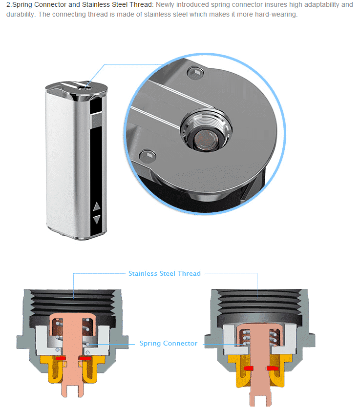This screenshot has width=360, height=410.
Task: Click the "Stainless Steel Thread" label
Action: [x=164, y=273]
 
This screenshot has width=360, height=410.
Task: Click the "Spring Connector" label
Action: [x=168, y=344]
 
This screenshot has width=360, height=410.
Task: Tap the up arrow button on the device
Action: [x=96, y=206]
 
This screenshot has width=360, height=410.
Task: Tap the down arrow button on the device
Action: [x=96, y=219]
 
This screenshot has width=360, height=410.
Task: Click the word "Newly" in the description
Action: [x=167, y=5]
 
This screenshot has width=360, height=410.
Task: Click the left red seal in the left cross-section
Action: [x=61, y=359]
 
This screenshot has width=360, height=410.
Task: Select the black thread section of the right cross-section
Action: [x=258, y=300]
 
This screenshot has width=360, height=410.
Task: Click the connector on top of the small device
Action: [x=83, y=87]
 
